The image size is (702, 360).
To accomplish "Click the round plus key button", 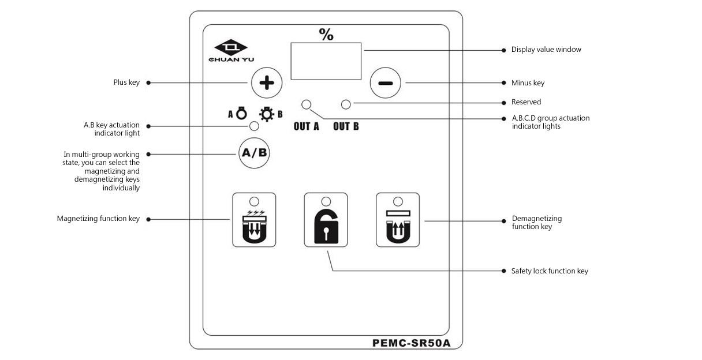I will tap(267, 82).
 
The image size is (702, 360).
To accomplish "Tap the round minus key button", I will tap(385, 82).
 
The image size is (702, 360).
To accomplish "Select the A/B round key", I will tap(254, 153).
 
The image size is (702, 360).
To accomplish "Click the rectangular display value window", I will tap(326, 61).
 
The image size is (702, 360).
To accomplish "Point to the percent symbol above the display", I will tap(326, 35).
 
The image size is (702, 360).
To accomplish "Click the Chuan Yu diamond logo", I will tap(230, 47).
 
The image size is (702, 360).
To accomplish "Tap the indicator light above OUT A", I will tap(306, 104).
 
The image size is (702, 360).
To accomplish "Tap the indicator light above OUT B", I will tap(346, 104).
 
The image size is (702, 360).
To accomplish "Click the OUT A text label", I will tap(306, 126).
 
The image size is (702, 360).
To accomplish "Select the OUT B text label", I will tap(346, 126).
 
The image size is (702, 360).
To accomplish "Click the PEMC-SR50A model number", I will tap(410, 343).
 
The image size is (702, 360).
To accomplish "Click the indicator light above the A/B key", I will tap(253, 126).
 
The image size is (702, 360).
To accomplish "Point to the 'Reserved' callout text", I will tap(526, 102).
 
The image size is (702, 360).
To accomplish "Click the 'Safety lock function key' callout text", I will tap(550, 271).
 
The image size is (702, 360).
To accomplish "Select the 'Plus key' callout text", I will tap(126, 82).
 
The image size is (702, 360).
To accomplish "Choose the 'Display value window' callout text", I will tap(546, 50).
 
